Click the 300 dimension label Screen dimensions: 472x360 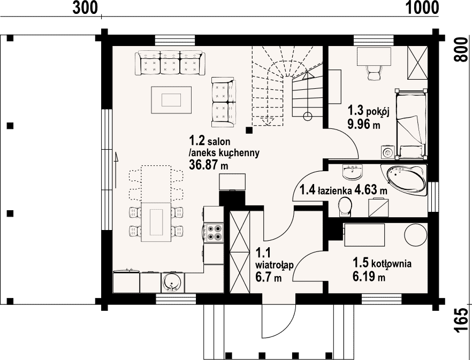85,7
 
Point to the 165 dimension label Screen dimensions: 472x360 462,321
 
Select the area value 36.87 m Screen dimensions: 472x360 208,164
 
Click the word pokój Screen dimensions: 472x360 378,112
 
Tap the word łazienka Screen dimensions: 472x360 335,190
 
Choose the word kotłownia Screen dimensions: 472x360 391,264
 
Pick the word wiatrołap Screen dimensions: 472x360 274,265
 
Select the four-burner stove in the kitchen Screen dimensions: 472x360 214,233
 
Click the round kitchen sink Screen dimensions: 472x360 173,282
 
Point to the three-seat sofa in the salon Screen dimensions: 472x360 170,63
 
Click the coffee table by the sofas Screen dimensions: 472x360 171,100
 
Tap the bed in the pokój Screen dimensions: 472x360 411,124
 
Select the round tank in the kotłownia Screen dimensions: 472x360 415,235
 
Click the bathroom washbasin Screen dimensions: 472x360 353,172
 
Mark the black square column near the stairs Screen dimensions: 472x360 249,130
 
